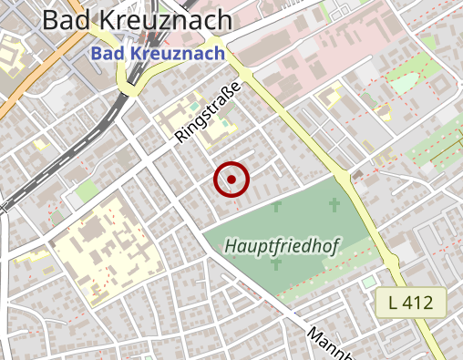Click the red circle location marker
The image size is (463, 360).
(231, 180)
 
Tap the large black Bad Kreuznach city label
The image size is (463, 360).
(138, 20)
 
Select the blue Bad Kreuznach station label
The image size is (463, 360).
(158, 55)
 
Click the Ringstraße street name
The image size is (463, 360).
(208, 113)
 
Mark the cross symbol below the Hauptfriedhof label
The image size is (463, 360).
(275, 265)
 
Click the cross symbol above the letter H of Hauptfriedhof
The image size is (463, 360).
(276, 208)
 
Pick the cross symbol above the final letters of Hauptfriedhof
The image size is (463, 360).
(334, 204)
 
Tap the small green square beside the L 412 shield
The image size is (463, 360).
(369, 283)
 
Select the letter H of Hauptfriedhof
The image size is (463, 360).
(231, 246)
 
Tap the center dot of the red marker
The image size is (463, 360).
(231, 180)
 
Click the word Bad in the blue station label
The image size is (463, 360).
(108, 55)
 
